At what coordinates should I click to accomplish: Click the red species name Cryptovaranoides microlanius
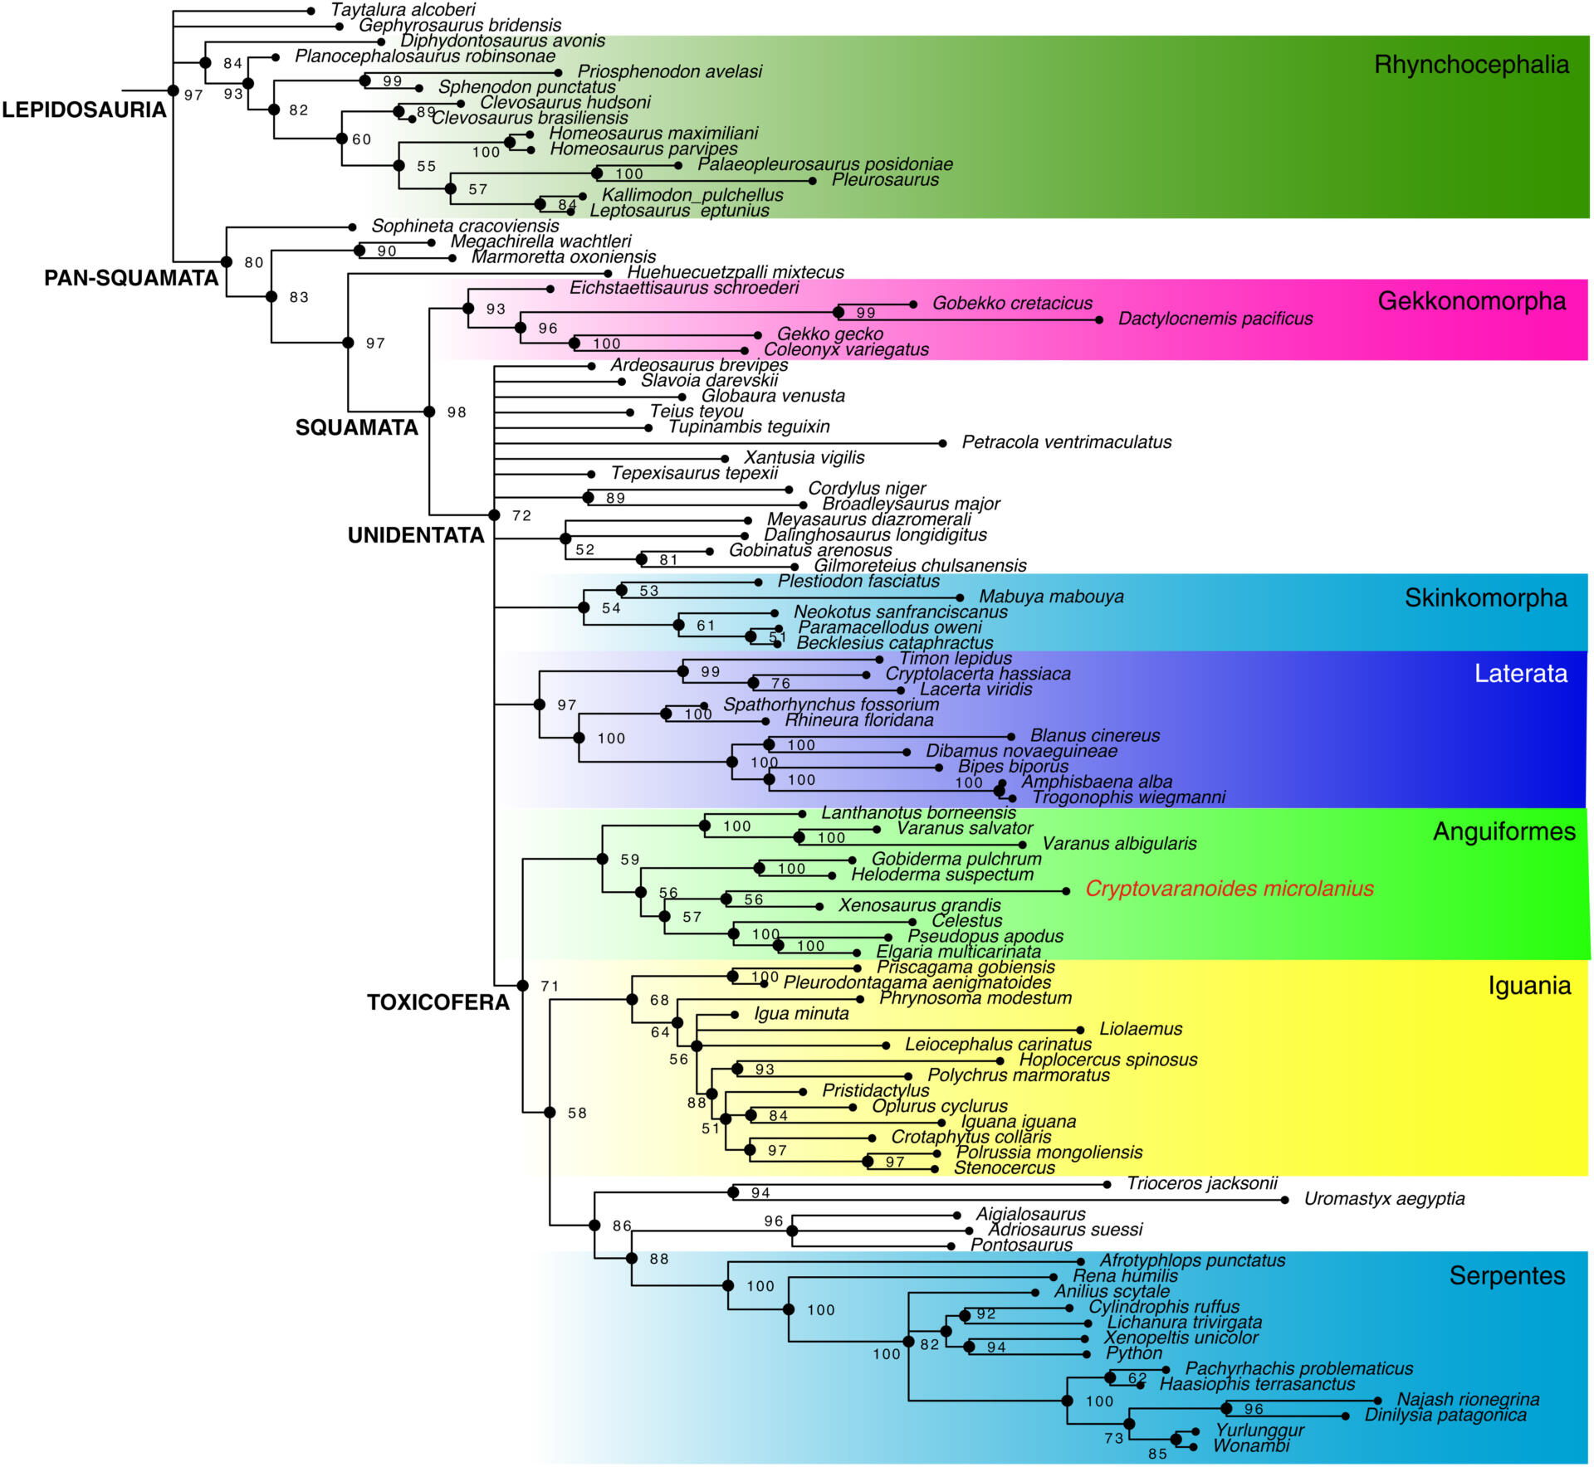[1230, 889]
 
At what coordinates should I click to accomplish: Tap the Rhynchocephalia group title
[1471, 65]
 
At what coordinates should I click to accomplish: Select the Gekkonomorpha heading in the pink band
[1472, 300]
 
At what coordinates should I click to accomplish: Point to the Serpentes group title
[1507, 1275]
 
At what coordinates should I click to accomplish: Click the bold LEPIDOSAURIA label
[84, 110]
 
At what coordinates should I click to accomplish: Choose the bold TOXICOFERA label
[438, 1002]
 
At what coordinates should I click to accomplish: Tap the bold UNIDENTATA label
[416, 535]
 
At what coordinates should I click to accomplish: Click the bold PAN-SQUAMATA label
[131, 278]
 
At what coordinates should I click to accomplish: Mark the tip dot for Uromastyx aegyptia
[1284, 1200]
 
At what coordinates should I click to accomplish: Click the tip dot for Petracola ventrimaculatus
[942, 443]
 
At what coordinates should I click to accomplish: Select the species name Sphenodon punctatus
[526, 87]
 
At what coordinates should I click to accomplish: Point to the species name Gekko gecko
[830, 334]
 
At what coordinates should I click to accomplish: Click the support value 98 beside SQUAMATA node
[457, 412]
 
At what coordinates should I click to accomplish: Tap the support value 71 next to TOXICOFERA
[550, 986]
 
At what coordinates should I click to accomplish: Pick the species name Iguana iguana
[1019, 1122]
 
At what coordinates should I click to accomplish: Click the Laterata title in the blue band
[1521, 673]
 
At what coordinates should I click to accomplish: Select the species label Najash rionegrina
[1468, 1400]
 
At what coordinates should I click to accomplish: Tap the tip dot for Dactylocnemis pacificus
[1099, 319]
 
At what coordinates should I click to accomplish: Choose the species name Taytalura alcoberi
[403, 10]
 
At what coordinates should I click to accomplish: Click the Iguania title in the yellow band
[1529, 986]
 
